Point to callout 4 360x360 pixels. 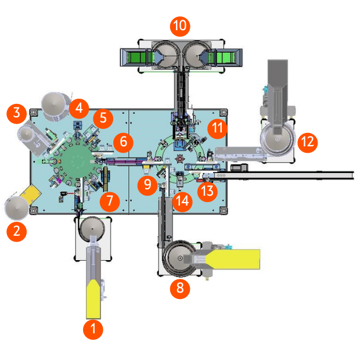coord(79,107)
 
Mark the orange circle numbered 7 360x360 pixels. coord(109,201)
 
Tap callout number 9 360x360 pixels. coord(147,185)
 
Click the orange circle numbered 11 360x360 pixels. coord(218,128)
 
